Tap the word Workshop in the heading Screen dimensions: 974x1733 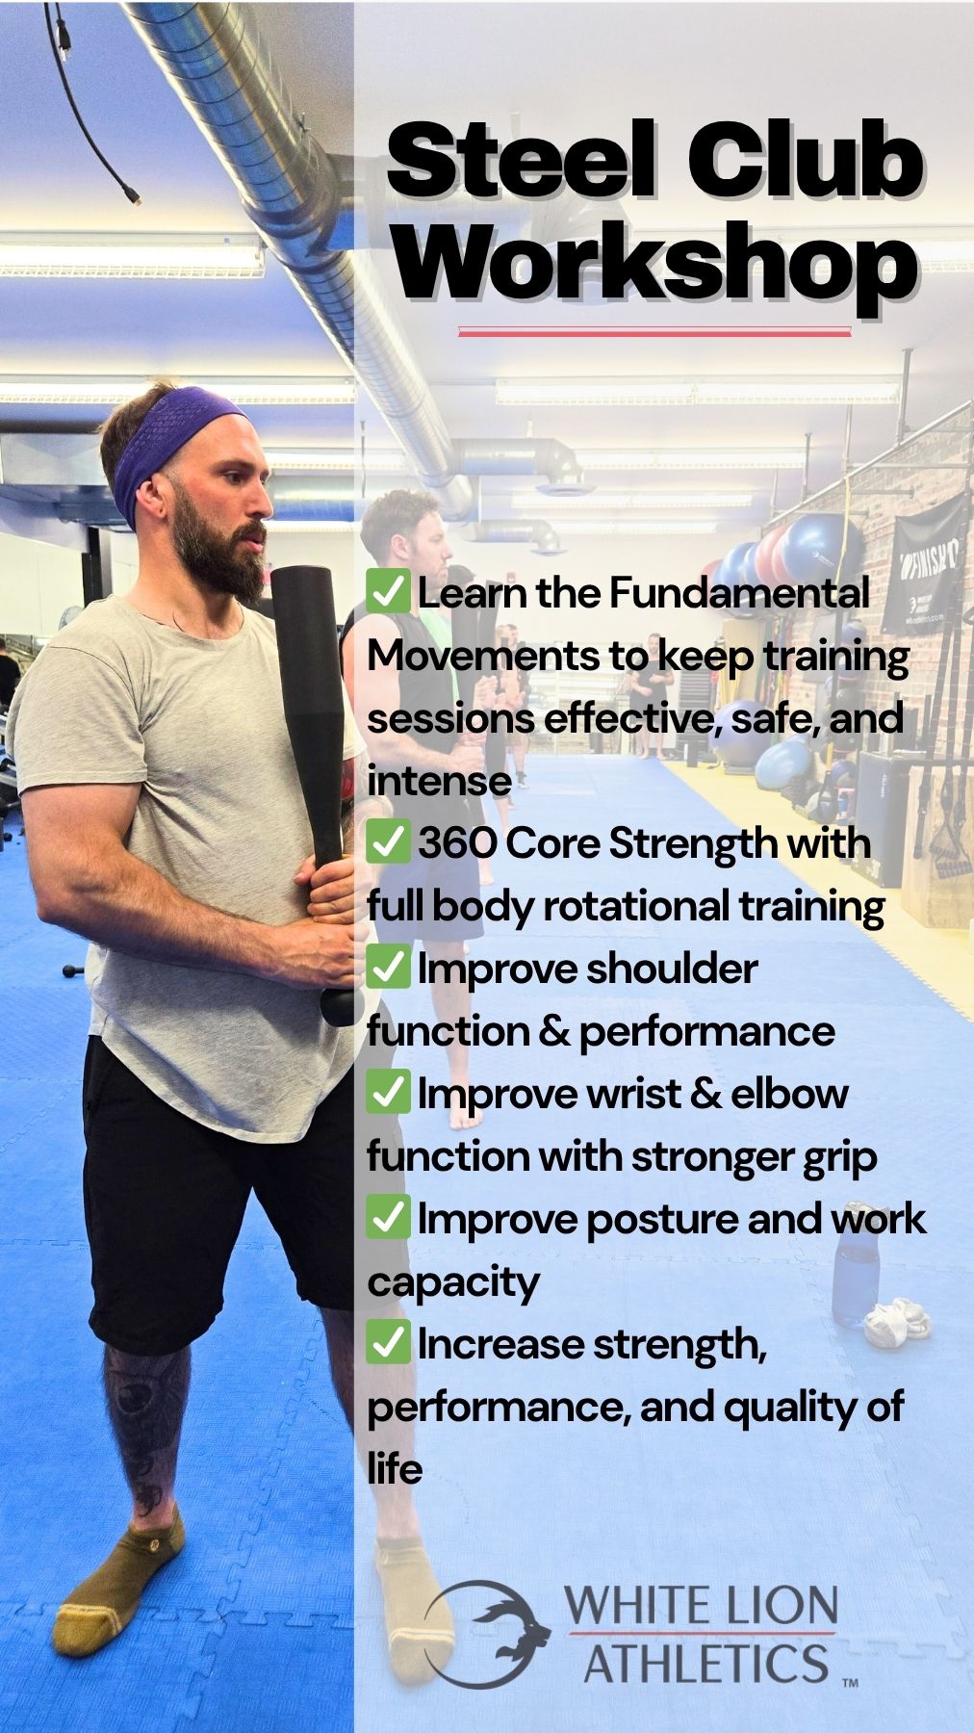point(654,263)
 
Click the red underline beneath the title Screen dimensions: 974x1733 point(654,332)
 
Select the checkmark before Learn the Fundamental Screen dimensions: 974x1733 point(389,591)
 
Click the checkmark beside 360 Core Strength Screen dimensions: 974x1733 point(389,842)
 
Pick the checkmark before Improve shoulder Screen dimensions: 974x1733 point(389,968)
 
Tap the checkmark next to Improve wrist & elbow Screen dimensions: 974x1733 point(389,1093)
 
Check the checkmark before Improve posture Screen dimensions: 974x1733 point(389,1218)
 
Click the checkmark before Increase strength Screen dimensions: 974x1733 point(389,1343)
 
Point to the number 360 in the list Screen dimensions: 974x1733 point(457,843)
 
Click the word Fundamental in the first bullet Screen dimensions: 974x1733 point(739,592)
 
